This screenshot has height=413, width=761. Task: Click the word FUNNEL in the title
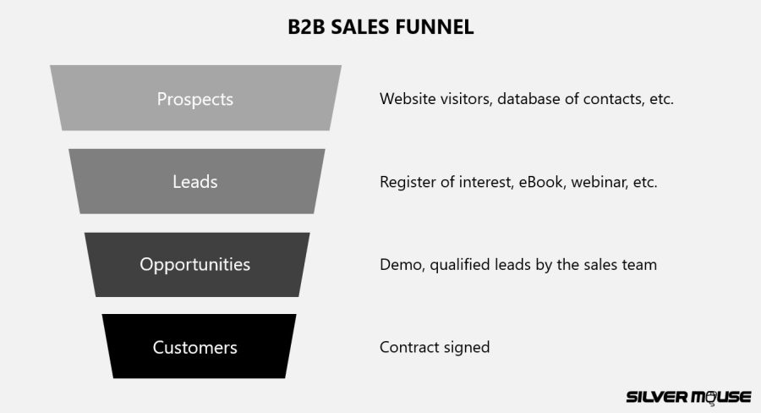click(437, 27)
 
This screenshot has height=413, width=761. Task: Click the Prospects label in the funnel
click(194, 99)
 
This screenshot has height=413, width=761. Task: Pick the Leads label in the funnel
click(194, 182)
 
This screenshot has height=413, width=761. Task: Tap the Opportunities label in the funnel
click(194, 264)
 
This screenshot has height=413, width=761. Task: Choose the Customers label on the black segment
click(194, 347)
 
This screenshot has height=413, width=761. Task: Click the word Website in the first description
click(408, 99)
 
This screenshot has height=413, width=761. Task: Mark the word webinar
click(596, 182)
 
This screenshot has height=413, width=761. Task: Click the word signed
click(468, 348)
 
